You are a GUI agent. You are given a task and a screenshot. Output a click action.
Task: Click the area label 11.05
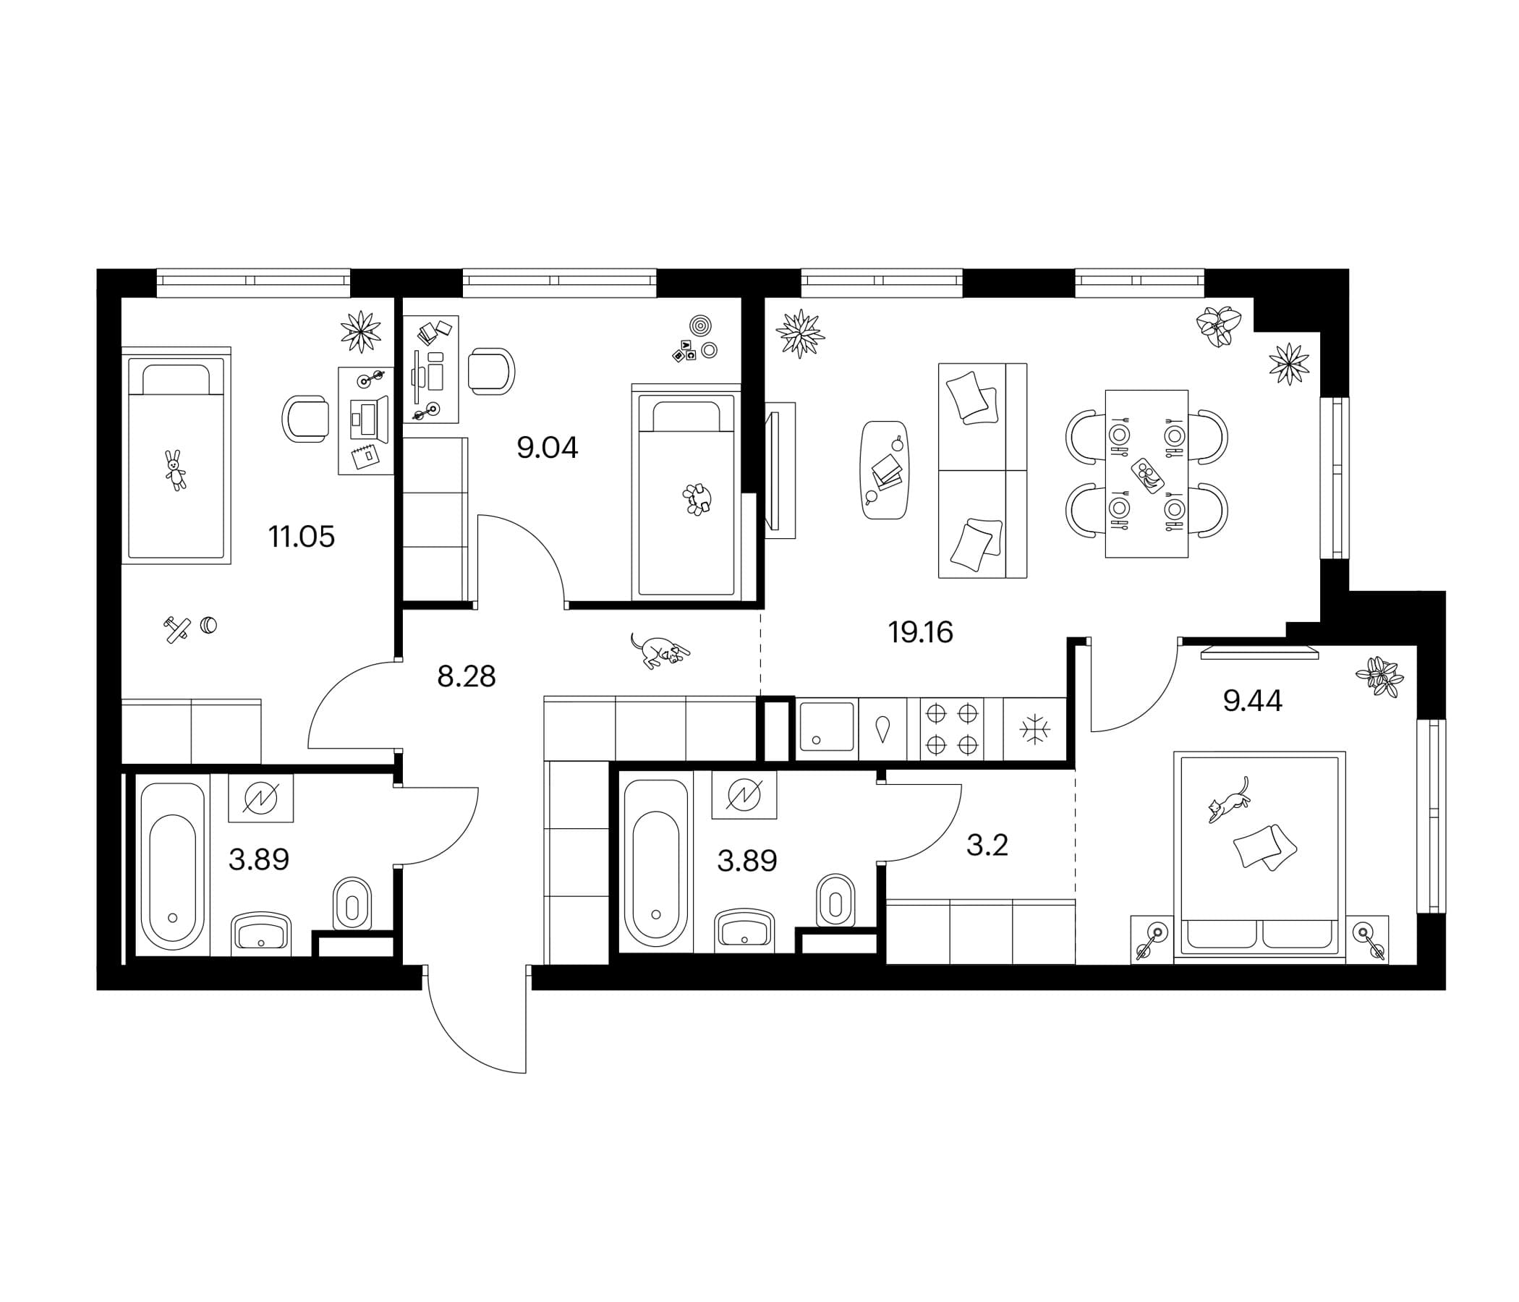coord(302,537)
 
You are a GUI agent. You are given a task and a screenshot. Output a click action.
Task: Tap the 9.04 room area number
coord(548,448)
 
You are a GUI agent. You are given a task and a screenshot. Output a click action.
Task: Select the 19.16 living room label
coord(921,632)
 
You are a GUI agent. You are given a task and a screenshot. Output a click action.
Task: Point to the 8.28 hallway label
coord(467,676)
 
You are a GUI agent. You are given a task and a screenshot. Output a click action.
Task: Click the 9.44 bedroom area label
coord(1253,702)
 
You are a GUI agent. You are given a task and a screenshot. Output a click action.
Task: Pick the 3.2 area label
coord(987,846)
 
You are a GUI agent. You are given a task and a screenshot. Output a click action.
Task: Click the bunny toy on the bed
coord(175,470)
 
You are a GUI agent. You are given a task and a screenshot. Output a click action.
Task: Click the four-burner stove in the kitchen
coord(953,729)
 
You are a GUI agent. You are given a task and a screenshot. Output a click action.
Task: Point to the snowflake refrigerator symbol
coord(1034,729)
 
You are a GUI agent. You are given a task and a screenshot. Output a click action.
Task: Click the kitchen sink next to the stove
coord(827,726)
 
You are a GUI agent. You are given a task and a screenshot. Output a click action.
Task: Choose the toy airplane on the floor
coord(176,630)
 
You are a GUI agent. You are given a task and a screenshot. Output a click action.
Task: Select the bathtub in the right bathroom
coord(655,863)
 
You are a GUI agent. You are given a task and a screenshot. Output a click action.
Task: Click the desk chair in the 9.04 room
coord(491,372)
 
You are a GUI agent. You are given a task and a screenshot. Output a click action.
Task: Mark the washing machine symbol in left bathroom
coord(260,798)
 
